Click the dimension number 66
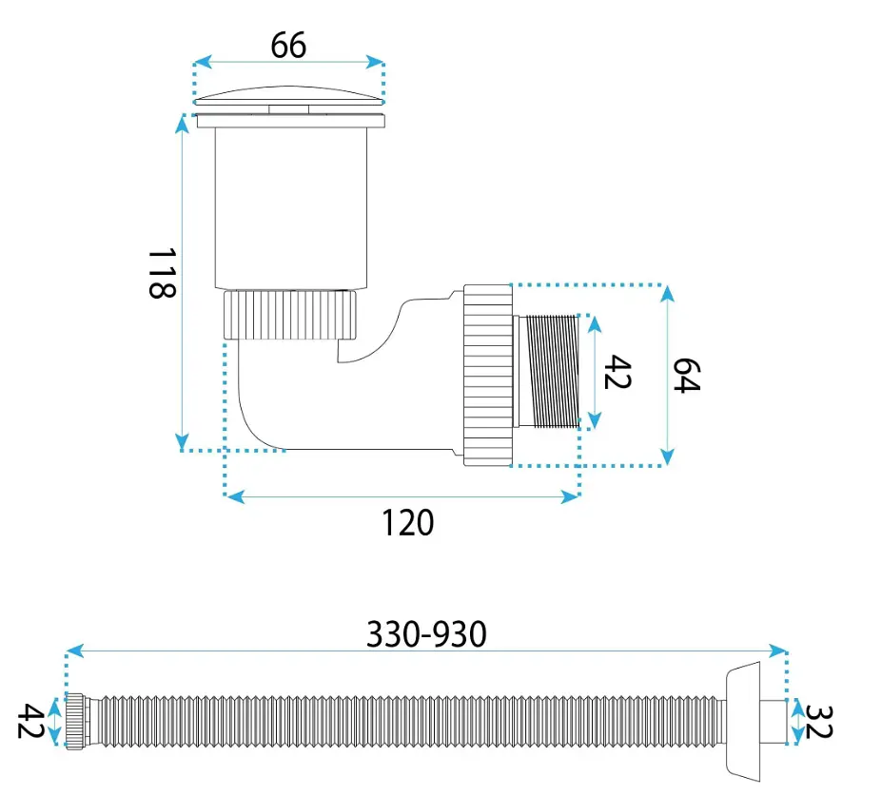288,45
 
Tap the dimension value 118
163,273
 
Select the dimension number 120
408,523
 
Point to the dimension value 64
687,375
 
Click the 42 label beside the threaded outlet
617,372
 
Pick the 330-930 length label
426,634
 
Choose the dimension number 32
818,722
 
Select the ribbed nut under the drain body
290,315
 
